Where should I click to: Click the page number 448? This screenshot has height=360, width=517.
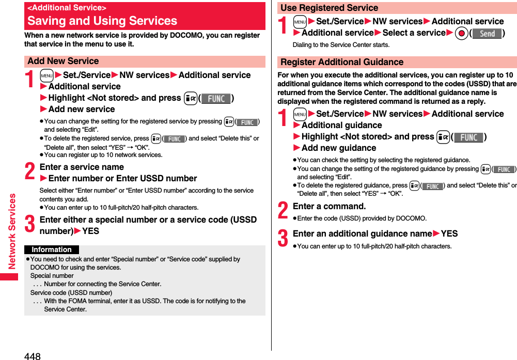(32, 355)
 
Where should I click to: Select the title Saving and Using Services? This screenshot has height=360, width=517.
(102, 21)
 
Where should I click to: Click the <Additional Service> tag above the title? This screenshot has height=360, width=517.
(67, 8)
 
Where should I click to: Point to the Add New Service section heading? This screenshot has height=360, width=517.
(63, 61)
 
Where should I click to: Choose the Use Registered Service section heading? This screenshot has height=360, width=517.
(329, 8)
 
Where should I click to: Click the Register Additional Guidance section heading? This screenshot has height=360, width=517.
(341, 62)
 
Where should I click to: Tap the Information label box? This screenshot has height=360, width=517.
(52, 249)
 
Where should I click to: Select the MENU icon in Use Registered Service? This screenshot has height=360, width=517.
(300, 21)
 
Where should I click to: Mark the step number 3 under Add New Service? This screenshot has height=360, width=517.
(30, 225)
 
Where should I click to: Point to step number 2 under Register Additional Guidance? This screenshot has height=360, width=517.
(283, 210)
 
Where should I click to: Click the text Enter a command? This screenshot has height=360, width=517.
(329, 206)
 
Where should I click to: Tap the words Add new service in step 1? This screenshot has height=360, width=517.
(82, 109)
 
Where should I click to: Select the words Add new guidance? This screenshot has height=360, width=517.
(339, 148)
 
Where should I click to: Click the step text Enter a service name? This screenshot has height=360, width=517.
(82, 167)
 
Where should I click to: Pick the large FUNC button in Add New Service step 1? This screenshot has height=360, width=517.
(216, 98)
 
